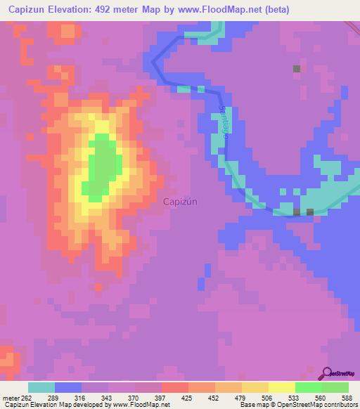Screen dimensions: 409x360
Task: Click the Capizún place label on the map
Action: click(179, 202)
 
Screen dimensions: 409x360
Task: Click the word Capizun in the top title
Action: click(27, 10)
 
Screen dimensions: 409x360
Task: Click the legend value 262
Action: click(27, 398)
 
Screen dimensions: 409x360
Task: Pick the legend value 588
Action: click(346, 398)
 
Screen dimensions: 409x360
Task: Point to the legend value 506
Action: click(266, 398)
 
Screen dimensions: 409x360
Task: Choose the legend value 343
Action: click(105, 398)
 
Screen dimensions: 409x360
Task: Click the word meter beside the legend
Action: click(10, 398)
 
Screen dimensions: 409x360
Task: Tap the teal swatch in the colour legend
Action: click(41, 387)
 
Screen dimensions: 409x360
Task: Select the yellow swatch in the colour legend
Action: click(281, 387)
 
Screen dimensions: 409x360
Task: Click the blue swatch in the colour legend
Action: click(67, 387)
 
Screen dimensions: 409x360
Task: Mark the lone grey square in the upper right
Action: click(297, 68)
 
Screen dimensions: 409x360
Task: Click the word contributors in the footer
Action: click(340, 405)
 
